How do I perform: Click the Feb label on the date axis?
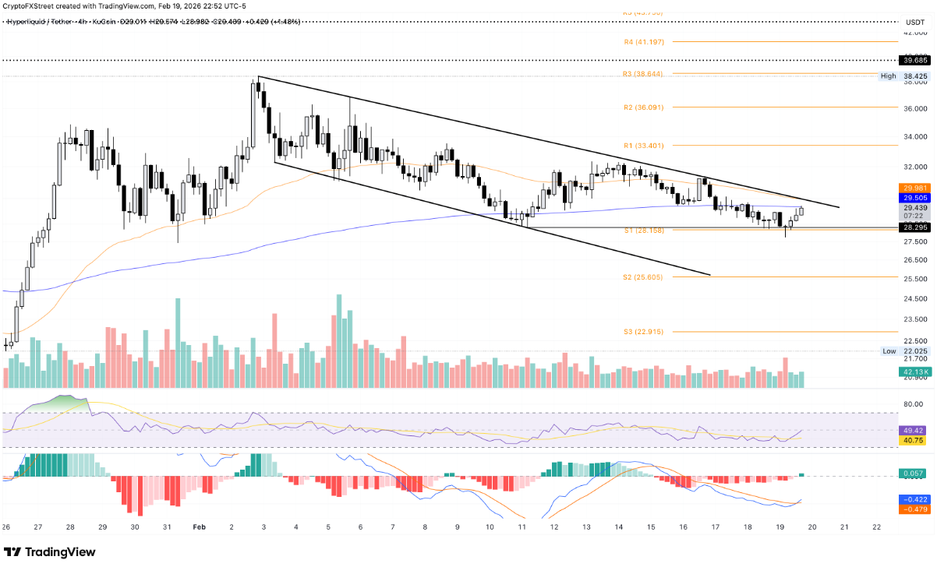click(x=200, y=526)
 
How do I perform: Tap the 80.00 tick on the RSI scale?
click(x=913, y=403)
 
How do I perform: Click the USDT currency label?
click(x=913, y=33)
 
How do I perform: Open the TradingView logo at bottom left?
click(x=51, y=552)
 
